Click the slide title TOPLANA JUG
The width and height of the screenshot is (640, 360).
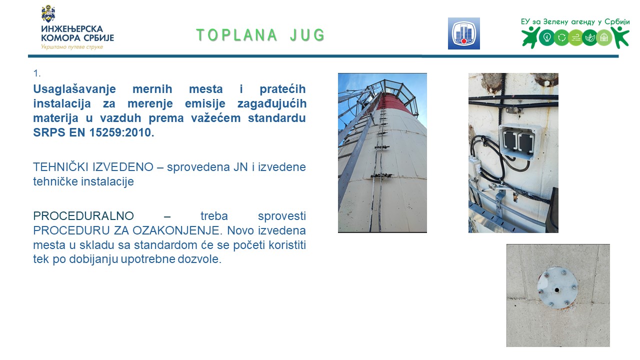[260, 35]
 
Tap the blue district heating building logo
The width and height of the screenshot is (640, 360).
[463, 33]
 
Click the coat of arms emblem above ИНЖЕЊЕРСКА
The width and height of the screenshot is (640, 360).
[48, 13]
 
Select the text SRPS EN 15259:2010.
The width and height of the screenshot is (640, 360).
[93, 132]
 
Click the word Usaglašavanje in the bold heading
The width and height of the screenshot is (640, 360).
[74, 89]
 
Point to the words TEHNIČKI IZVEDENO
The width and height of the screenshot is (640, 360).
[93, 167]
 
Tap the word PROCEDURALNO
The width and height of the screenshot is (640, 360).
[83, 216]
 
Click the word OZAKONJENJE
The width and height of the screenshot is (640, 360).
[176, 230]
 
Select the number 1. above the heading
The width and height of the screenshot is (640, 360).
[37, 73]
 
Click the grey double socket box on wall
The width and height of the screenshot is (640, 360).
[519, 141]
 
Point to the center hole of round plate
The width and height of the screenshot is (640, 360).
[557, 290]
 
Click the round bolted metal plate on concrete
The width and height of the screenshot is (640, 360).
[557, 288]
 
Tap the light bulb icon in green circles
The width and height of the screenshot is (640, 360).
[547, 37]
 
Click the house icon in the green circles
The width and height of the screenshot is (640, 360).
[603, 37]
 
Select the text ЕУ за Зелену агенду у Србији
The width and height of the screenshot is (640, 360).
[575, 22]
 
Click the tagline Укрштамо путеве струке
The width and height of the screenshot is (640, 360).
[72, 47]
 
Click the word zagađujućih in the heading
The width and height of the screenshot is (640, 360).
[271, 103]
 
